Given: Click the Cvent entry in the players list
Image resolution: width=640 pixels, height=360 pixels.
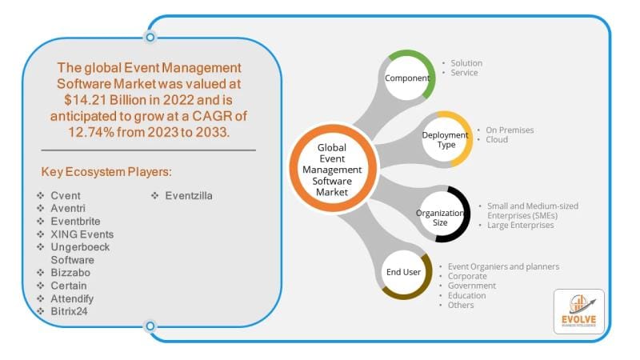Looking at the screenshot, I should click(66, 195).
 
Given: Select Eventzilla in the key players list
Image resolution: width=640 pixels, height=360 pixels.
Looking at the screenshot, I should click(190, 195).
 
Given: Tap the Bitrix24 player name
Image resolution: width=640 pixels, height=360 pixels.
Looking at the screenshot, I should click(69, 310).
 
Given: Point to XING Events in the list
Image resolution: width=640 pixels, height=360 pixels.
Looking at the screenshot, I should click(82, 234).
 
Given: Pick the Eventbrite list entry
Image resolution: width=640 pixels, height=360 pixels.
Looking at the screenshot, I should click(76, 221).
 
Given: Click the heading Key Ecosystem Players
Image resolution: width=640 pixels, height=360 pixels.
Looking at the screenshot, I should click(106, 171).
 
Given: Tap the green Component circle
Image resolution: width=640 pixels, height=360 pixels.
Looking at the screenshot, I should click(406, 78).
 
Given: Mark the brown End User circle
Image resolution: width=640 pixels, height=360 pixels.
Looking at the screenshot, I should click(404, 272).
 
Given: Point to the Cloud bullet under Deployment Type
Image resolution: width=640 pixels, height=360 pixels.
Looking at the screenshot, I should click(496, 139).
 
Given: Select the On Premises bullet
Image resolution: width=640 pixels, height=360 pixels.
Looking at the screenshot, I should click(510, 130).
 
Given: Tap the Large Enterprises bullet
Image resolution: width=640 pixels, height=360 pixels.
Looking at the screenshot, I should click(520, 226).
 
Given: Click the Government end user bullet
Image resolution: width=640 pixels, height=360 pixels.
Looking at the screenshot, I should click(472, 286).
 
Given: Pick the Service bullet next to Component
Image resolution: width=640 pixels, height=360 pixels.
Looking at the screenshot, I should click(463, 73).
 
